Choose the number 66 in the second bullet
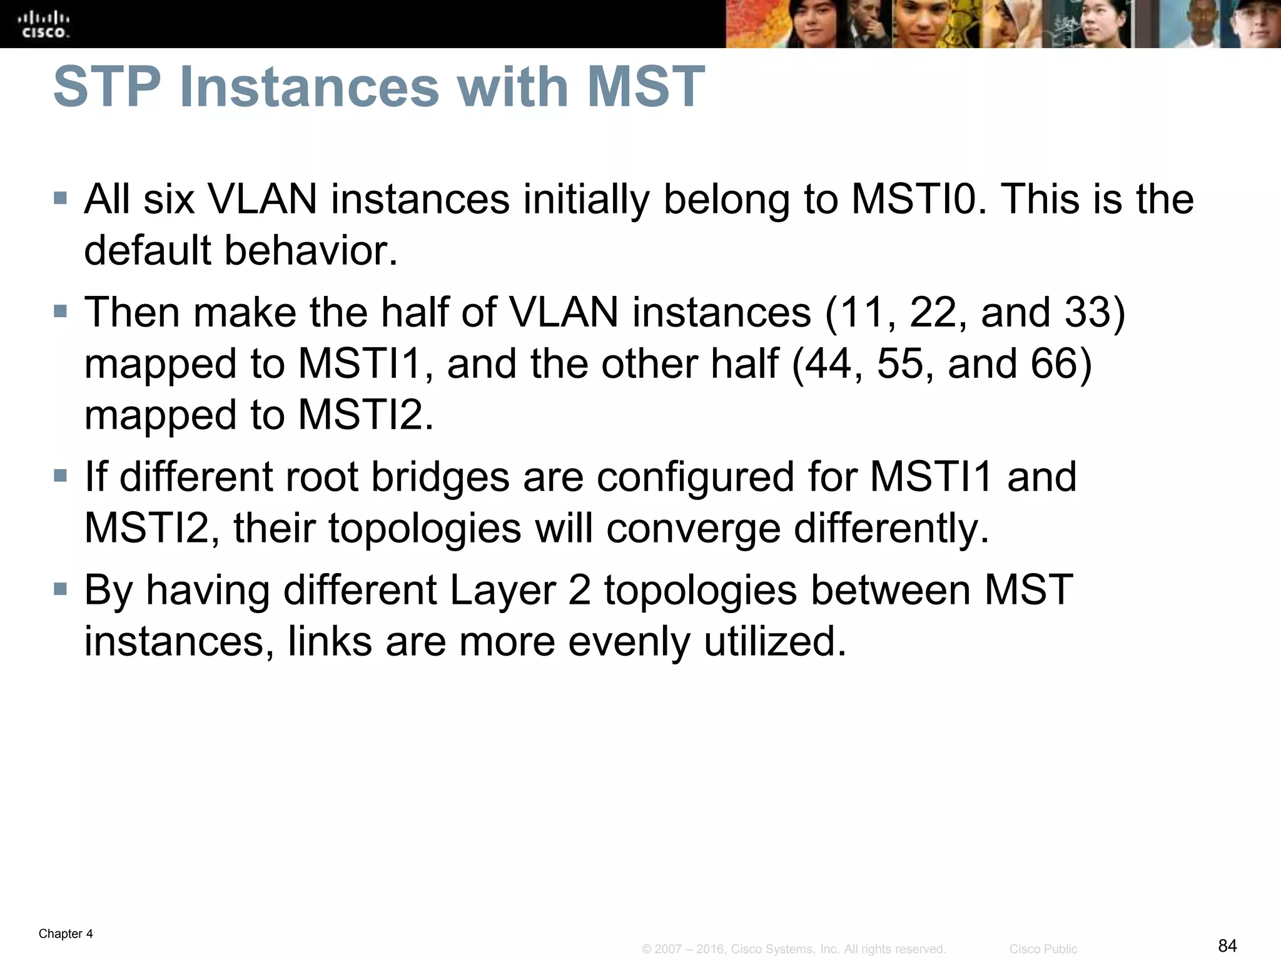coord(1055,363)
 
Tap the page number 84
coord(1227,945)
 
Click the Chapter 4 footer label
coord(66,934)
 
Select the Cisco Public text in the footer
coord(1043,949)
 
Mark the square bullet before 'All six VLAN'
coord(60,199)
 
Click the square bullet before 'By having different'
coord(60,589)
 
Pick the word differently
coord(891,528)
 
